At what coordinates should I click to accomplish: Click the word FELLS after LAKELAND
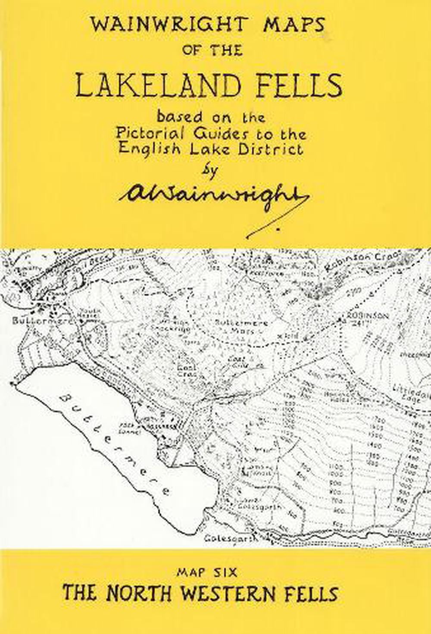click(x=296, y=86)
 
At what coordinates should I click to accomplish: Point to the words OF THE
click(x=212, y=51)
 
